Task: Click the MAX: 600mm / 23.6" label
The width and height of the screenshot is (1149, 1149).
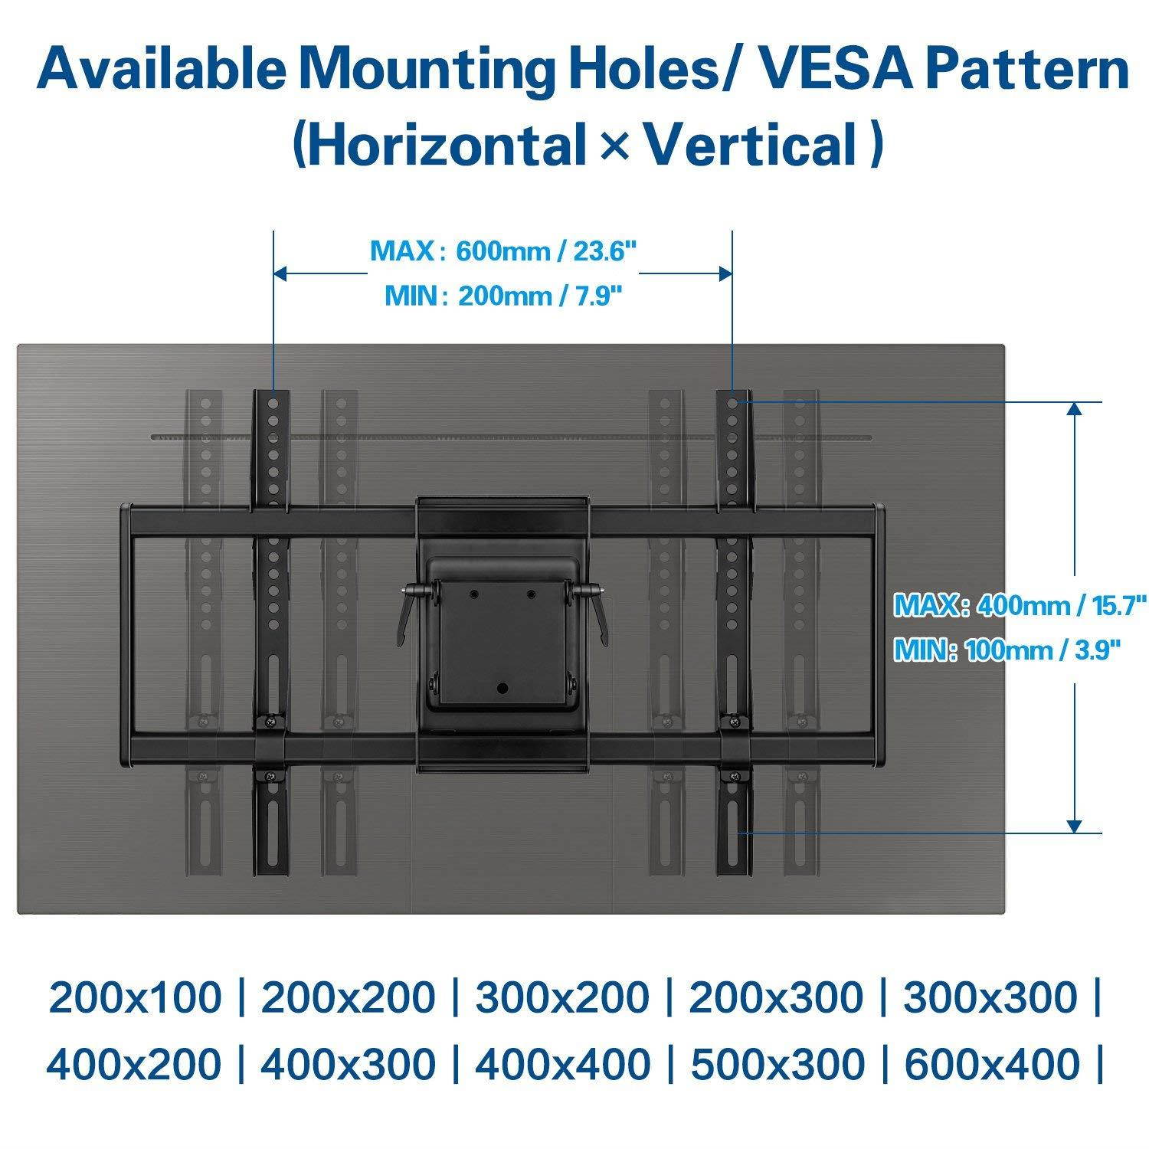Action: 503,251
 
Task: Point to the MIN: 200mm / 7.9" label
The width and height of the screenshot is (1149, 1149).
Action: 502,296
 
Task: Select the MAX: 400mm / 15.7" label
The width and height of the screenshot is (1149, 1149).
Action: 1020,605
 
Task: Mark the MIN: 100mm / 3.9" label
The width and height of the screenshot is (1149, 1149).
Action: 1009,651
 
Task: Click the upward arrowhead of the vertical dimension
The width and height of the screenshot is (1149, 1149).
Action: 1075,410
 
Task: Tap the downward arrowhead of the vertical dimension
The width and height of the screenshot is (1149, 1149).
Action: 1075,825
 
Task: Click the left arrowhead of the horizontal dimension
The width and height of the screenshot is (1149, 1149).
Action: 281,273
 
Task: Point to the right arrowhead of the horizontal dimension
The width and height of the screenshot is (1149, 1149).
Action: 725,273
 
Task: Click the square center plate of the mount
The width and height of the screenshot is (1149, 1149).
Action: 502,636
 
